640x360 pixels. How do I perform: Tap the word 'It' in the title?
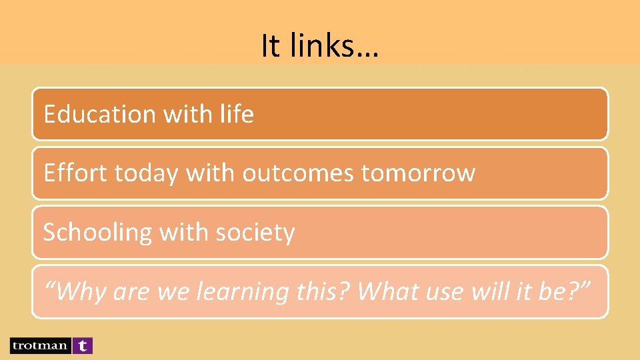click(269, 46)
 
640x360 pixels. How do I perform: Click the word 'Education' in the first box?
click(99, 114)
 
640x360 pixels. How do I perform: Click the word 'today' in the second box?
click(147, 173)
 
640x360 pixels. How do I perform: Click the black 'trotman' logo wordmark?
click(39, 345)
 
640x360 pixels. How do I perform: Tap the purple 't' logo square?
click(82, 345)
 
